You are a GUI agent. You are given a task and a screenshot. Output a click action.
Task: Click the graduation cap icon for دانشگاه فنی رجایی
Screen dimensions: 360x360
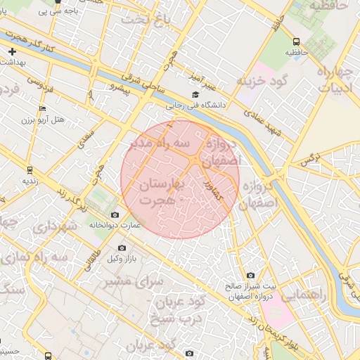click(x=195, y=95)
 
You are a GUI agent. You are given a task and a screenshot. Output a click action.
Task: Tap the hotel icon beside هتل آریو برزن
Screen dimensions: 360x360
click(x=43, y=108)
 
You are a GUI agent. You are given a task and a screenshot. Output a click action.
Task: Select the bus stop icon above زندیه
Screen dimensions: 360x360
click(x=30, y=169)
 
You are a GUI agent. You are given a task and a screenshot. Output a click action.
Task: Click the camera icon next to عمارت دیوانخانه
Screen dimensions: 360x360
click(x=115, y=214)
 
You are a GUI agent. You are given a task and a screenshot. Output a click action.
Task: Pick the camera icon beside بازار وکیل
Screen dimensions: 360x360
click(x=122, y=247)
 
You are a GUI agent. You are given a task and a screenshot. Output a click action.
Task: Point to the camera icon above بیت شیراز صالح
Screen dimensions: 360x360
click(x=250, y=276)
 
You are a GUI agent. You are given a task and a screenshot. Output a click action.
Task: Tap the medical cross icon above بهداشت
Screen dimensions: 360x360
click(x=13, y=51)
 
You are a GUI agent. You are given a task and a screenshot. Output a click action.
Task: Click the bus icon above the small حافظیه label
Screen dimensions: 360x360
click(x=296, y=41)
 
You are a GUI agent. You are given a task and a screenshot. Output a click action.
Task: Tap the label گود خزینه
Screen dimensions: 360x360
click(x=263, y=81)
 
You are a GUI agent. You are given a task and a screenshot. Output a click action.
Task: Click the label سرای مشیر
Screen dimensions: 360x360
click(x=133, y=281)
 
